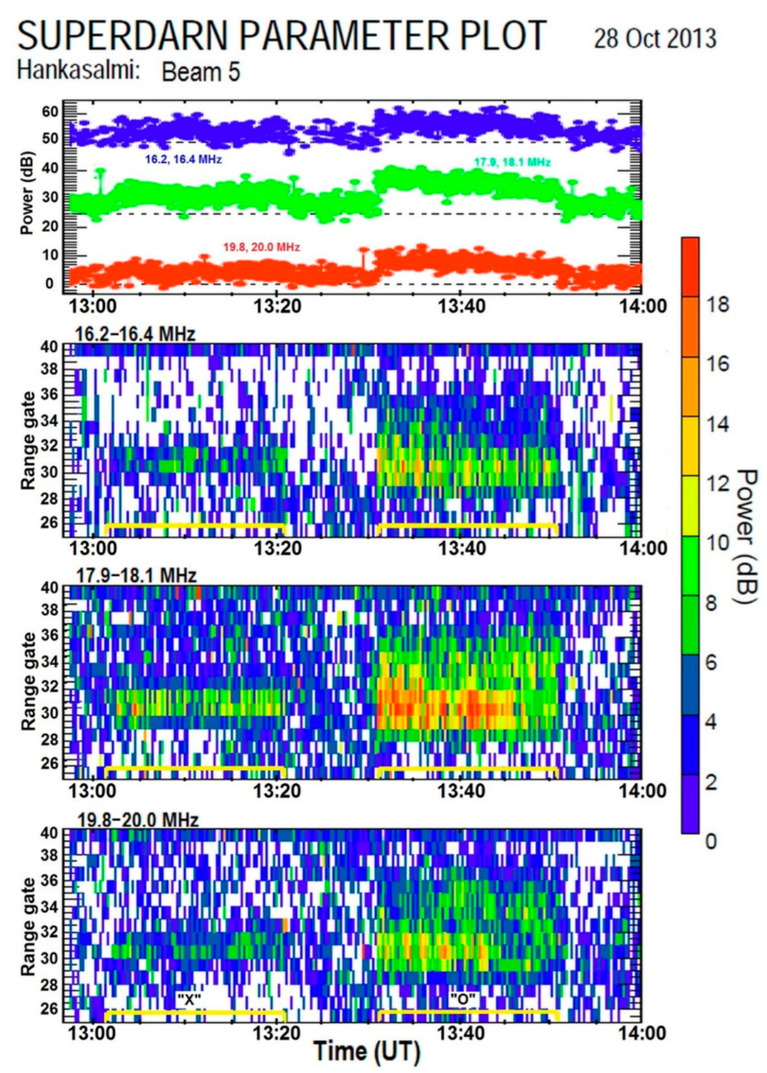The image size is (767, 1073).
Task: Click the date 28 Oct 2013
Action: pyautogui.click(x=655, y=39)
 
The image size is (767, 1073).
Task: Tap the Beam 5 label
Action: pyautogui.click(x=201, y=73)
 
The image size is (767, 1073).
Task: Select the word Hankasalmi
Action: pyautogui.click(x=79, y=71)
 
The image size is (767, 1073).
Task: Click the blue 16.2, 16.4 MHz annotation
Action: pyautogui.click(x=183, y=160)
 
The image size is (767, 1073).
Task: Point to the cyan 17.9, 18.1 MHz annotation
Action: pyautogui.click(x=513, y=163)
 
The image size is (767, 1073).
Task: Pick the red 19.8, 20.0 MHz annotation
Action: pyautogui.click(x=261, y=247)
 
